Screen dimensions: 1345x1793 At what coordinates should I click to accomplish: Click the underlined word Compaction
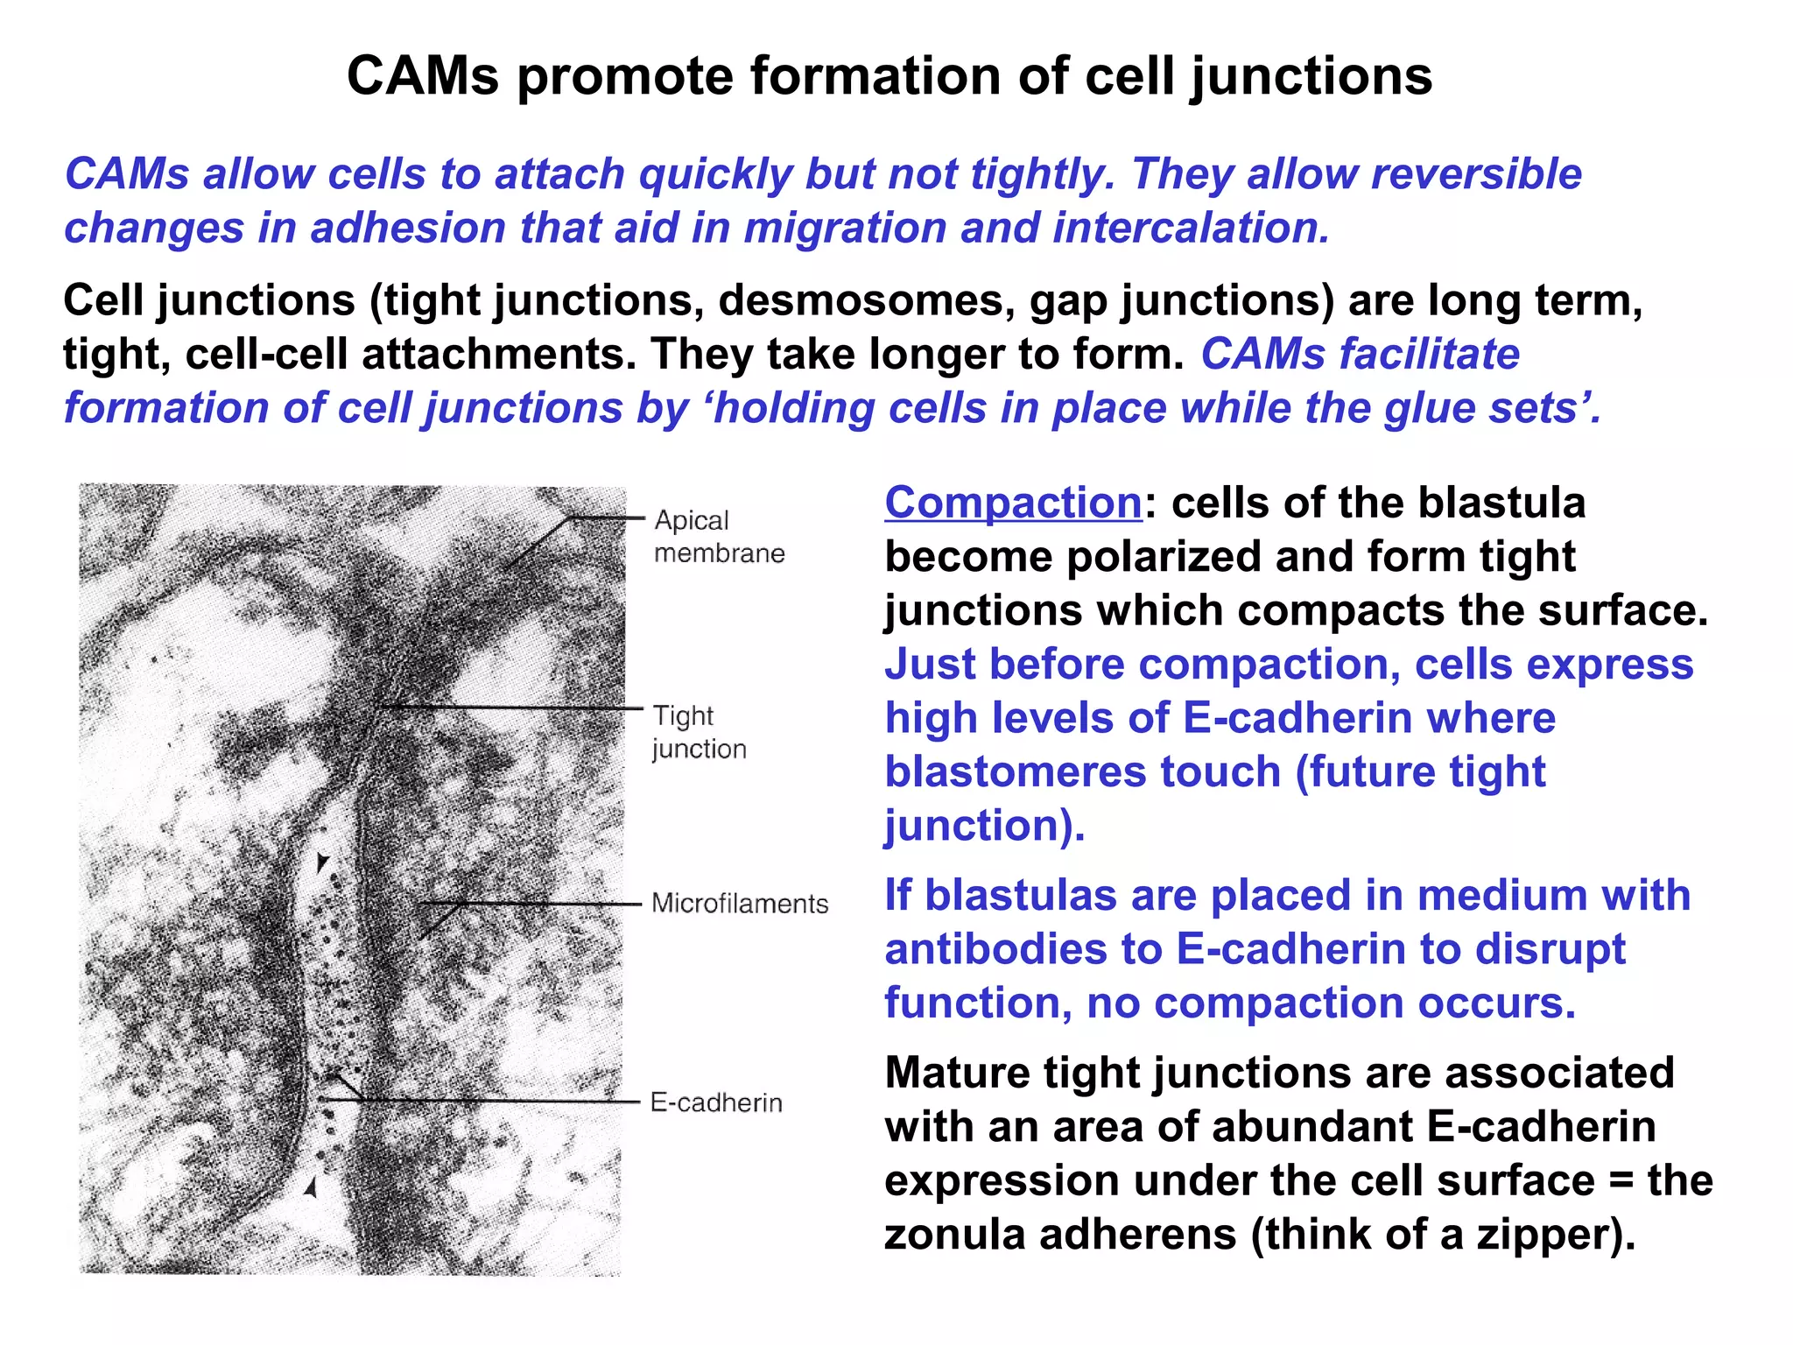1013,503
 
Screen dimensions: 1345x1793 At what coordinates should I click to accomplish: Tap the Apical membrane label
718,537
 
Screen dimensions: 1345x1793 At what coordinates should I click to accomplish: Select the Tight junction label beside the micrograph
699,732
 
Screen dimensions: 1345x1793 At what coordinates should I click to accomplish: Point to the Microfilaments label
740,904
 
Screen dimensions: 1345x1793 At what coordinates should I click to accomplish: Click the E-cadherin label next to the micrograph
716,1102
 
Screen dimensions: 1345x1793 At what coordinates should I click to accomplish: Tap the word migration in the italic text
846,229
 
